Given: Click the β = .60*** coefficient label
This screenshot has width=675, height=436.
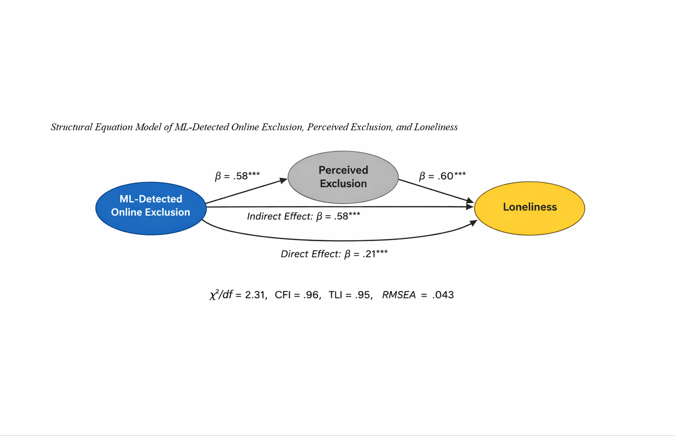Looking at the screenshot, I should [x=442, y=176].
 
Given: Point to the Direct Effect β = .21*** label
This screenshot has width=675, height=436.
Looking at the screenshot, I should [x=334, y=254].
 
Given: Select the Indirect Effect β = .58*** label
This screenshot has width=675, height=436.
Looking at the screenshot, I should [x=303, y=217].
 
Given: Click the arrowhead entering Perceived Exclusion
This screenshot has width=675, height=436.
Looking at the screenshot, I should [x=284, y=181].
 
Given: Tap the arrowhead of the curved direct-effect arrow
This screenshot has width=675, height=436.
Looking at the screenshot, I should [x=473, y=223].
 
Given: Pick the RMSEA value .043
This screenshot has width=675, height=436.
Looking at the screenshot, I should [x=443, y=295].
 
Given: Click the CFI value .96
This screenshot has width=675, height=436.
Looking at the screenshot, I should [x=311, y=295].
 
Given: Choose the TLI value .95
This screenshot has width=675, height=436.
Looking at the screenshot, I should [x=364, y=295].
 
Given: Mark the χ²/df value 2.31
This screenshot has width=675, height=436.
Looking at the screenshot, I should [x=255, y=295].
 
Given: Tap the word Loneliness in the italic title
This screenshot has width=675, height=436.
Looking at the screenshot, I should [x=436, y=127].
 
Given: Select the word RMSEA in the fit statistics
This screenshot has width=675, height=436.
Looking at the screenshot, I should [x=399, y=295].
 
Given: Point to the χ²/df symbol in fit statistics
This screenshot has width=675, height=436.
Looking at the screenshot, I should [x=221, y=295].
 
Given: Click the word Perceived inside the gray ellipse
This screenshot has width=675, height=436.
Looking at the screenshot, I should [x=343, y=170].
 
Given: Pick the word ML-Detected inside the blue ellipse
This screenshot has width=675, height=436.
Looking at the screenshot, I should [x=151, y=199].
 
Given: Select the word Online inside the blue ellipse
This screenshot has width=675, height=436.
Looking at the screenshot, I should [x=126, y=212].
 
